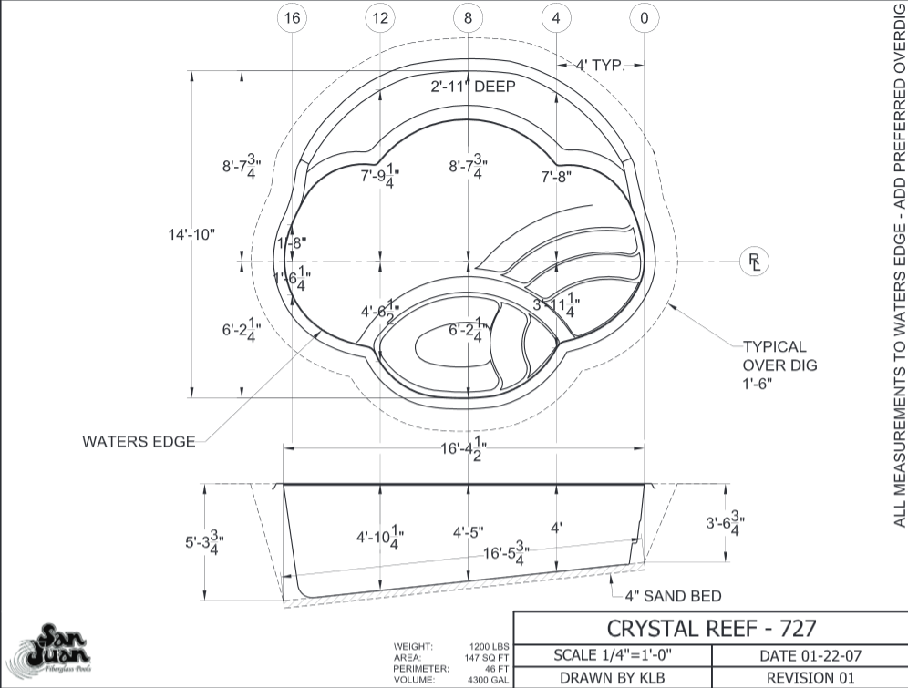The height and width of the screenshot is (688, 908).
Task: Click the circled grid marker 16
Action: (x=291, y=18)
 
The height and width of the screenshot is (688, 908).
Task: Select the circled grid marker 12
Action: (x=380, y=18)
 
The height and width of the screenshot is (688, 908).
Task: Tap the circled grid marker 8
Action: (x=469, y=18)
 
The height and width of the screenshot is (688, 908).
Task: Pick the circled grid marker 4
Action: (x=556, y=18)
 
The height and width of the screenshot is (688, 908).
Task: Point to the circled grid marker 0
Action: (x=645, y=18)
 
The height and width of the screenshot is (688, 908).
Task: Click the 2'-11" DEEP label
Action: (x=473, y=87)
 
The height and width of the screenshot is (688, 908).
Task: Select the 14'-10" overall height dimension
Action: (x=191, y=234)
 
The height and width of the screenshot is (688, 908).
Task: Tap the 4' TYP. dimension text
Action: (x=600, y=65)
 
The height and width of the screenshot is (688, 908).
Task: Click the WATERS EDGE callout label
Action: (x=139, y=442)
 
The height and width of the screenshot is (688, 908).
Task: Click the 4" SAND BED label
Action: (x=673, y=597)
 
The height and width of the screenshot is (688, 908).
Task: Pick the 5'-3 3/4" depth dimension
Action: (x=204, y=541)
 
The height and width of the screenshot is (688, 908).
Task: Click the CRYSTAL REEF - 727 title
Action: (x=711, y=628)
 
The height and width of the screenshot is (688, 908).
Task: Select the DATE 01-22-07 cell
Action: (x=809, y=655)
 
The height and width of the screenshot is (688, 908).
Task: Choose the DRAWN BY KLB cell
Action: (x=612, y=677)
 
